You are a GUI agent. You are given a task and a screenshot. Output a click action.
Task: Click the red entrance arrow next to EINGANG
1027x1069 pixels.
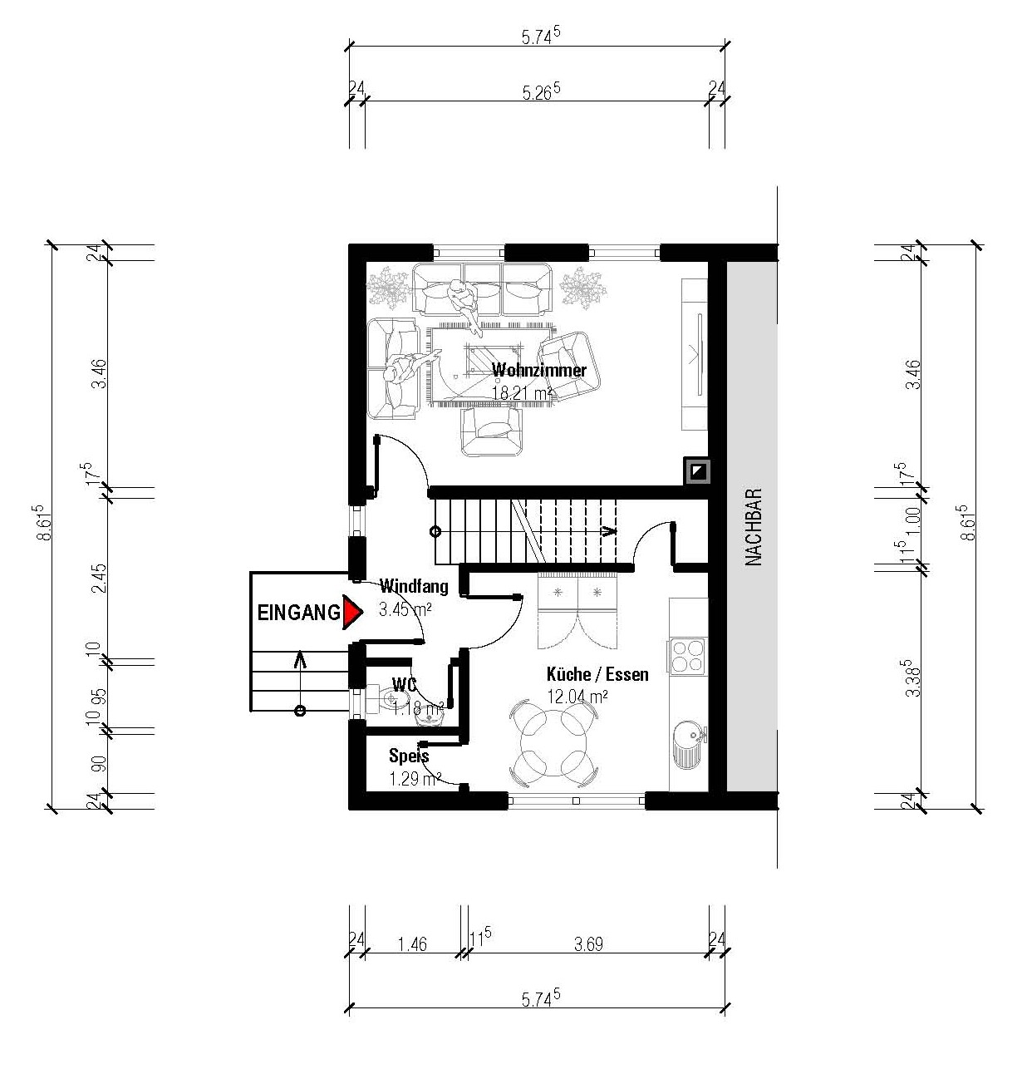(x=351, y=612)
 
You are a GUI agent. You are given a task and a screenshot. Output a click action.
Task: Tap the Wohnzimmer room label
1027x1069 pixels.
(x=538, y=370)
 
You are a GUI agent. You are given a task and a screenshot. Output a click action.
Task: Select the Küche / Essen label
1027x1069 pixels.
(x=597, y=674)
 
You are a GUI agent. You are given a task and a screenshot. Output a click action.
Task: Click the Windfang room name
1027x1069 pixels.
(x=414, y=586)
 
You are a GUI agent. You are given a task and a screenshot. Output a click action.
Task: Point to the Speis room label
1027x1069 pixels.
(x=409, y=756)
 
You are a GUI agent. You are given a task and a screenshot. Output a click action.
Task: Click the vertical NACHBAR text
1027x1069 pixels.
(x=754, y=527)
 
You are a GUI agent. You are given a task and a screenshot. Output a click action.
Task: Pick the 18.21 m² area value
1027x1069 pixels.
(x=521, y=393)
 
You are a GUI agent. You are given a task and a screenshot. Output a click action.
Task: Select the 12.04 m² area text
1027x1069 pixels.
(x=577, y=697)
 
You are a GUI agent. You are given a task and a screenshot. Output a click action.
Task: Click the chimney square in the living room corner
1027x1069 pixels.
(x=697, y=470)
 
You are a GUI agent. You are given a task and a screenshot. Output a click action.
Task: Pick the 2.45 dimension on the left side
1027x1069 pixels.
(x=100, y=578)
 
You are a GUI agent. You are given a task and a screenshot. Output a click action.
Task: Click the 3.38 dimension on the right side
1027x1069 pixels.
(x=912, y=677)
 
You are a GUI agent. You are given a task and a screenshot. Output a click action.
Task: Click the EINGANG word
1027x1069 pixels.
(x=299, y=613)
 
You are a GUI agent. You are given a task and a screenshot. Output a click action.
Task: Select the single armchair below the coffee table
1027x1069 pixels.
(x=492, y=431)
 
